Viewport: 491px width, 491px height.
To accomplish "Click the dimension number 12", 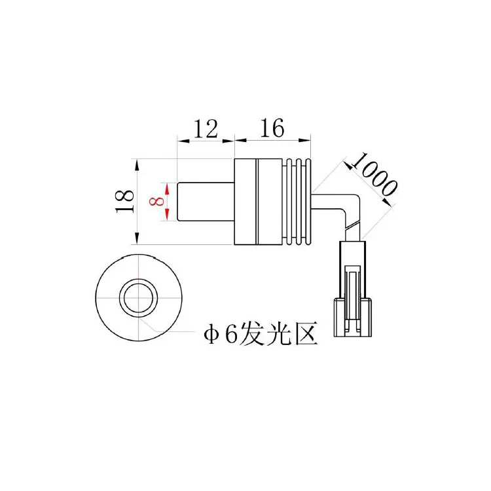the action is click(x=206, y=129).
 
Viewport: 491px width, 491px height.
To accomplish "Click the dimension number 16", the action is click(x=272, y=128).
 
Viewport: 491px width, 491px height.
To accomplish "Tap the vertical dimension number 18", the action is click(x=125, y=202).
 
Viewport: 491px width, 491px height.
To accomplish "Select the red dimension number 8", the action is click(x=156, y=202).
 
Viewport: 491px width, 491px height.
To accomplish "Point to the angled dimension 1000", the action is click(x=374, y=173).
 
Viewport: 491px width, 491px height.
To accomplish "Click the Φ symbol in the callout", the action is click(x=211, y=335).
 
